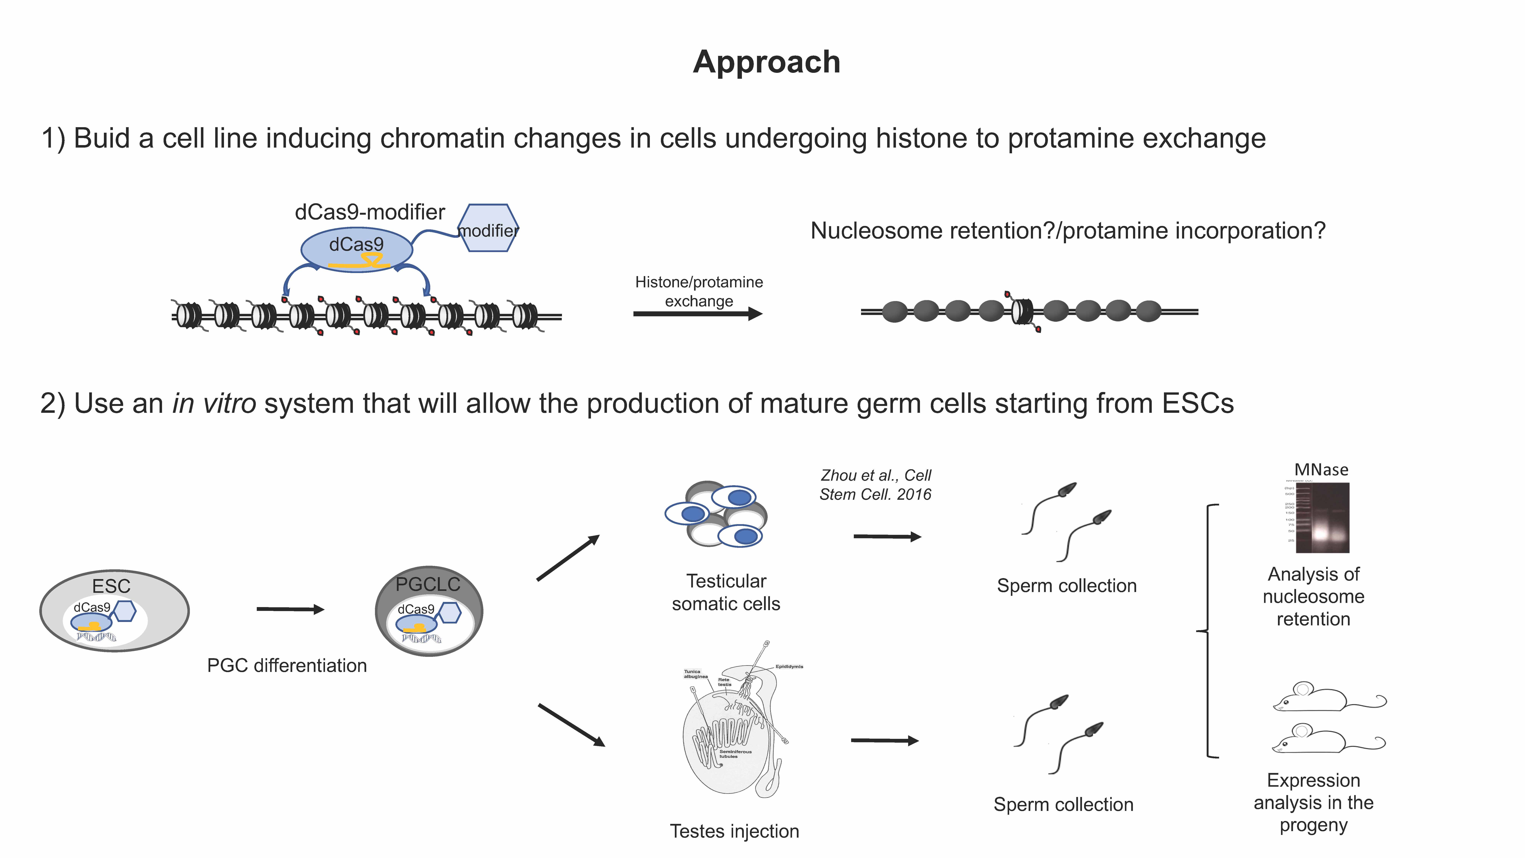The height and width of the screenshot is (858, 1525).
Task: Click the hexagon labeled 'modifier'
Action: click(489, 229)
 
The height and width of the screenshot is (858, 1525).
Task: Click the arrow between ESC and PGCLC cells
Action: click(290, 609)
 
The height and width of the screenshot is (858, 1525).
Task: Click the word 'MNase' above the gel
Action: click(1321, 470)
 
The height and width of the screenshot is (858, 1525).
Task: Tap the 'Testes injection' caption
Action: click(734, 831)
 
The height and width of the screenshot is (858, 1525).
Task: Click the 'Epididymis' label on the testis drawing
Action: click(789, 667)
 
